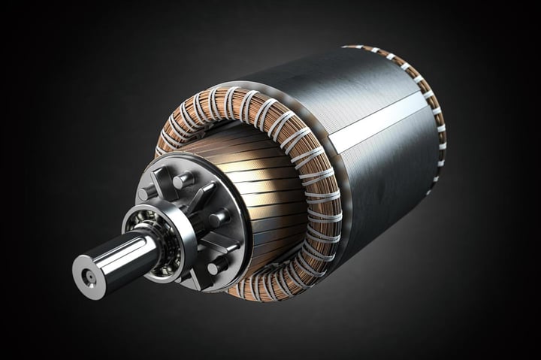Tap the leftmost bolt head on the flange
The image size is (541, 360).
tap(145, 193)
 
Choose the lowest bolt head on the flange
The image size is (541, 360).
tap(219, 265)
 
